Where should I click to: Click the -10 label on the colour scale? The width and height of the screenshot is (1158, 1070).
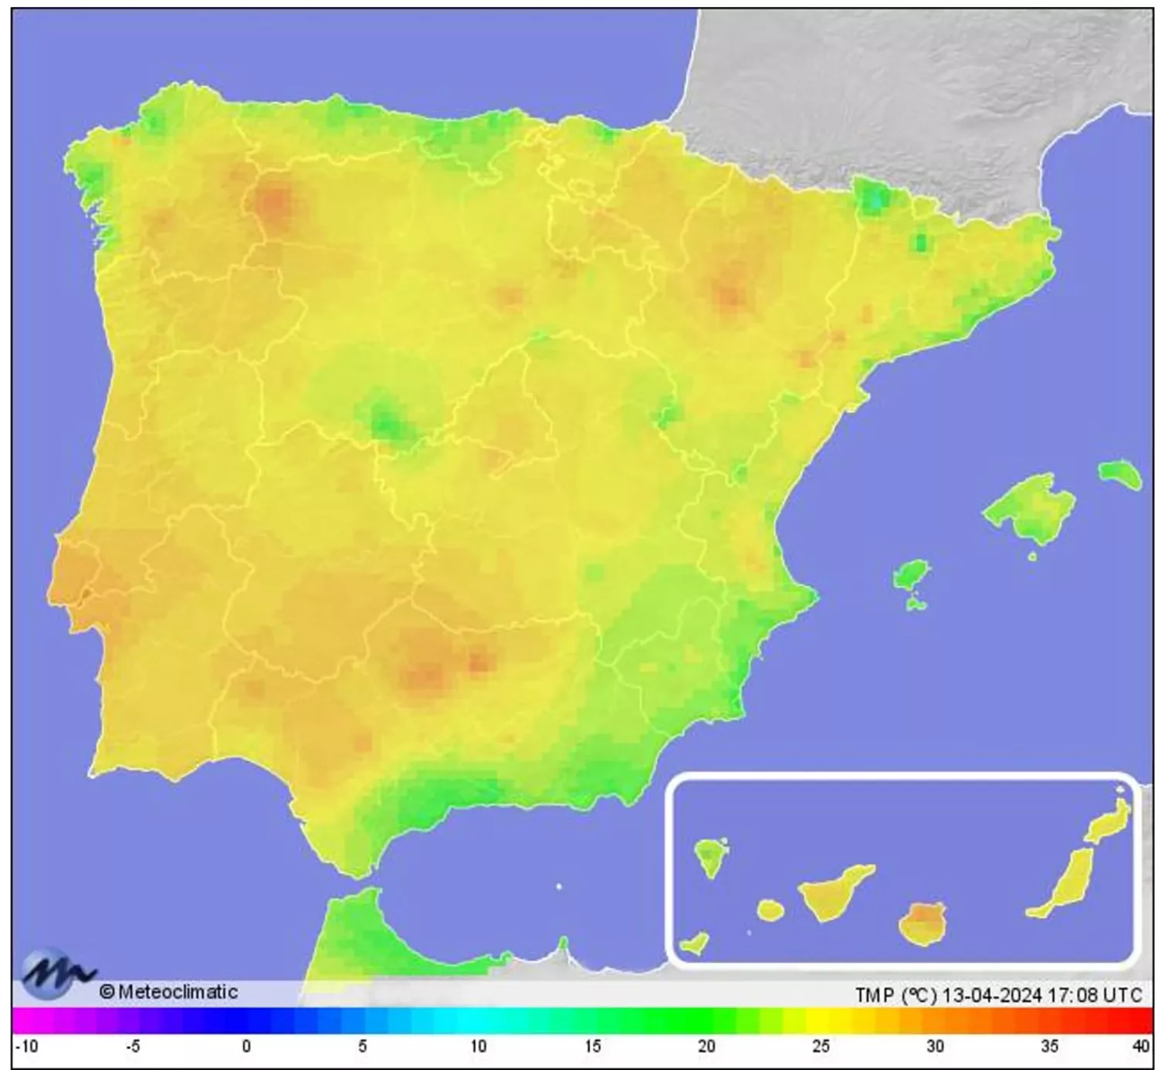[x=27, y=1047]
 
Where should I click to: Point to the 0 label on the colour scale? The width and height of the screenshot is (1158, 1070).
[x=246, y=1047]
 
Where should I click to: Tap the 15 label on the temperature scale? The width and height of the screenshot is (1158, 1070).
[x=592, y=1047]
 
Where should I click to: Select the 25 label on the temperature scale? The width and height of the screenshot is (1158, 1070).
[x=821, y=1047]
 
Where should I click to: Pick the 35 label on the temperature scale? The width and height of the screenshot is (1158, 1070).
[x=1049, y=1047]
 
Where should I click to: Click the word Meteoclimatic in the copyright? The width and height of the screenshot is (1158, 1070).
[x=178, y=992]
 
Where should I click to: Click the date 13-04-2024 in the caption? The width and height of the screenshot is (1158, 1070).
[x=991, y=995]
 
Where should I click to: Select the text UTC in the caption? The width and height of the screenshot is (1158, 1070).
[x=1122, y=995]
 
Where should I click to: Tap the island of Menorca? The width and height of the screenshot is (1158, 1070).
[x=1120, y=473]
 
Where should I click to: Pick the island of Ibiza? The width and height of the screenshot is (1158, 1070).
[x=911, y=576]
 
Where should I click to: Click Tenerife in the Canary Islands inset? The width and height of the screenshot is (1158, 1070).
[x=834, y=894]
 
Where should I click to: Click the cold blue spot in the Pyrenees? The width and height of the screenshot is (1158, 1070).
[x=874, y=199]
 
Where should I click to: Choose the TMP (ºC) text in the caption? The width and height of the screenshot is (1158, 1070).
[x=896, y=995]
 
